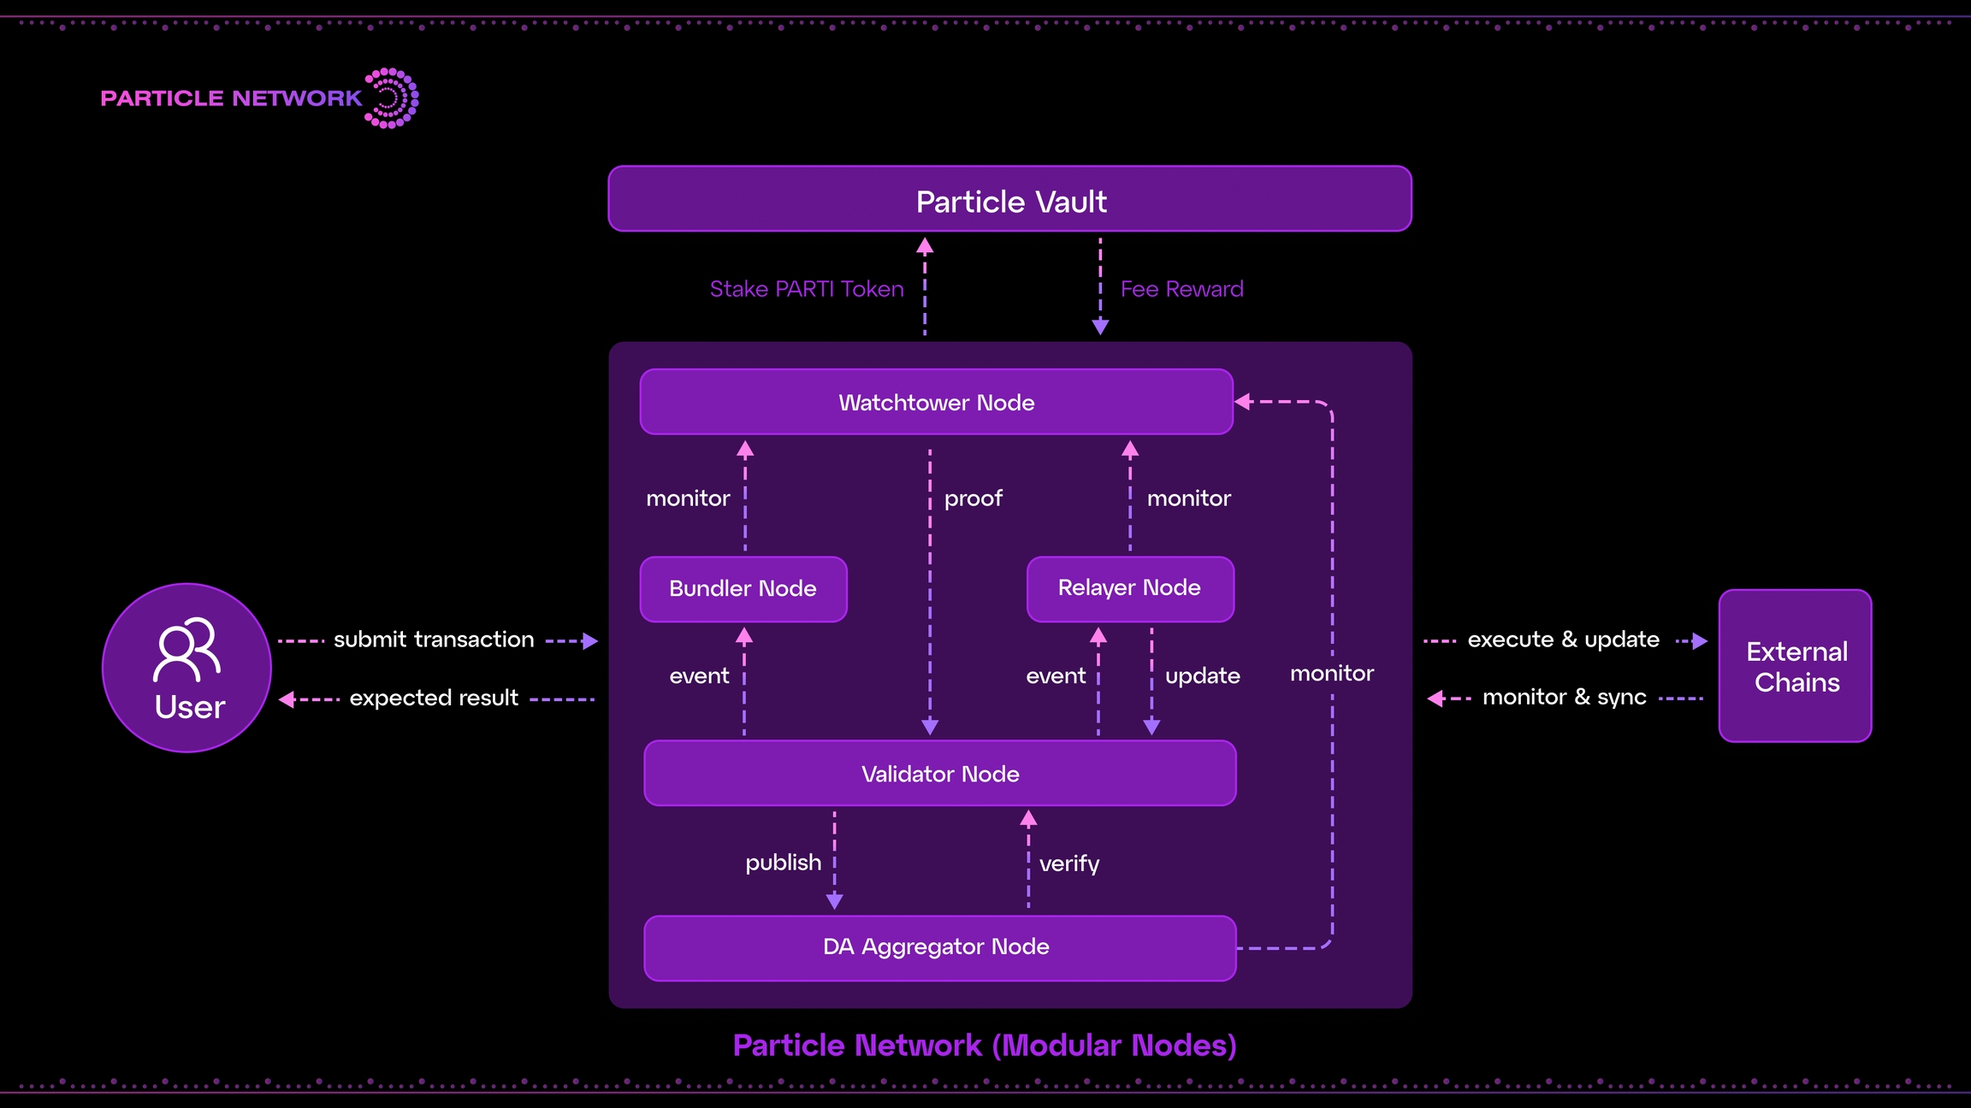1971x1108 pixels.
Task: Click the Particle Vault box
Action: (x=1009, y=199)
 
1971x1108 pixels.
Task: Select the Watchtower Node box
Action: (x=936, y=402)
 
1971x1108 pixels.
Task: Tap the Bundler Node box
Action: (x=743, y=589)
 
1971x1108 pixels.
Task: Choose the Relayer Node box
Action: (x=1129, y=588)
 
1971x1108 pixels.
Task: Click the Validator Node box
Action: (x=939, y=774)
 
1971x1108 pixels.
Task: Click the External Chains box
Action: (x=1795, y=666)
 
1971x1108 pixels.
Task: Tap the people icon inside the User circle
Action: (x=186, y=649)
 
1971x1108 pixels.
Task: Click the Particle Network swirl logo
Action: (x=391, y=98)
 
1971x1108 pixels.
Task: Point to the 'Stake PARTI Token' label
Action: (x=806, y=289)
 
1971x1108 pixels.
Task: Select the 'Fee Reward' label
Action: (x=1181, y=289)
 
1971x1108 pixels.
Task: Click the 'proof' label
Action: (x=973, y=498)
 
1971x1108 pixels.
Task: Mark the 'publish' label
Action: (x=783, y=863)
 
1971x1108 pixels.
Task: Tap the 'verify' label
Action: (x=1068, y=863)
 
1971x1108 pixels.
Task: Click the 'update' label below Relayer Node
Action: (x=1202, y=676)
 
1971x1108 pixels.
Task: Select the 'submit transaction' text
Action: (x=434, y=639)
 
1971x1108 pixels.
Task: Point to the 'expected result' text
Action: (x=434, y=698)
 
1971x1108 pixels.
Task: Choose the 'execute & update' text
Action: (x=1563, y=639)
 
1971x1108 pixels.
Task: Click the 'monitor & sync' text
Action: (x=1564, y=698)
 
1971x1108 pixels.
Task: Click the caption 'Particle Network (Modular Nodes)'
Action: (x=985, y=1046)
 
